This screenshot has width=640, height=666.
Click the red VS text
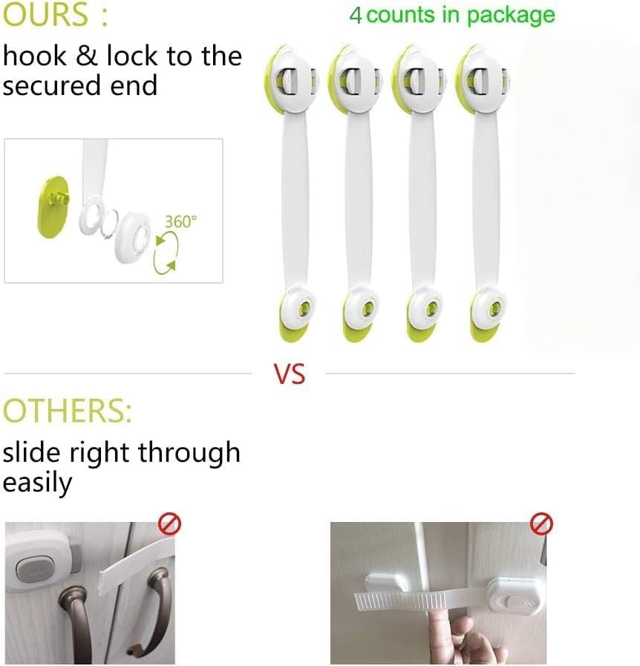(290, 373)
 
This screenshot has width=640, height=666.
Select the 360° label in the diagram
(180, 221)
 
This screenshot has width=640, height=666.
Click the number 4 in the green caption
(356, 16)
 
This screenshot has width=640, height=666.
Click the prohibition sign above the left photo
(170, 525)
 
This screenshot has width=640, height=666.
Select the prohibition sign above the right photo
(542, 525)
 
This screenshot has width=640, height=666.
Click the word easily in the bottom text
(37, 483)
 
